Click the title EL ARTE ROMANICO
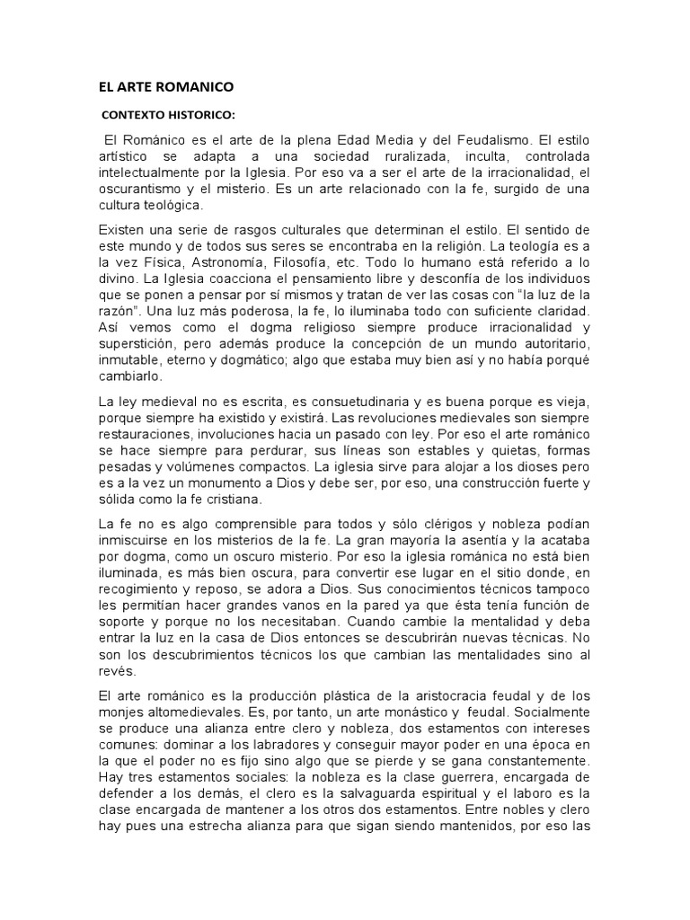pos(165,87)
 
